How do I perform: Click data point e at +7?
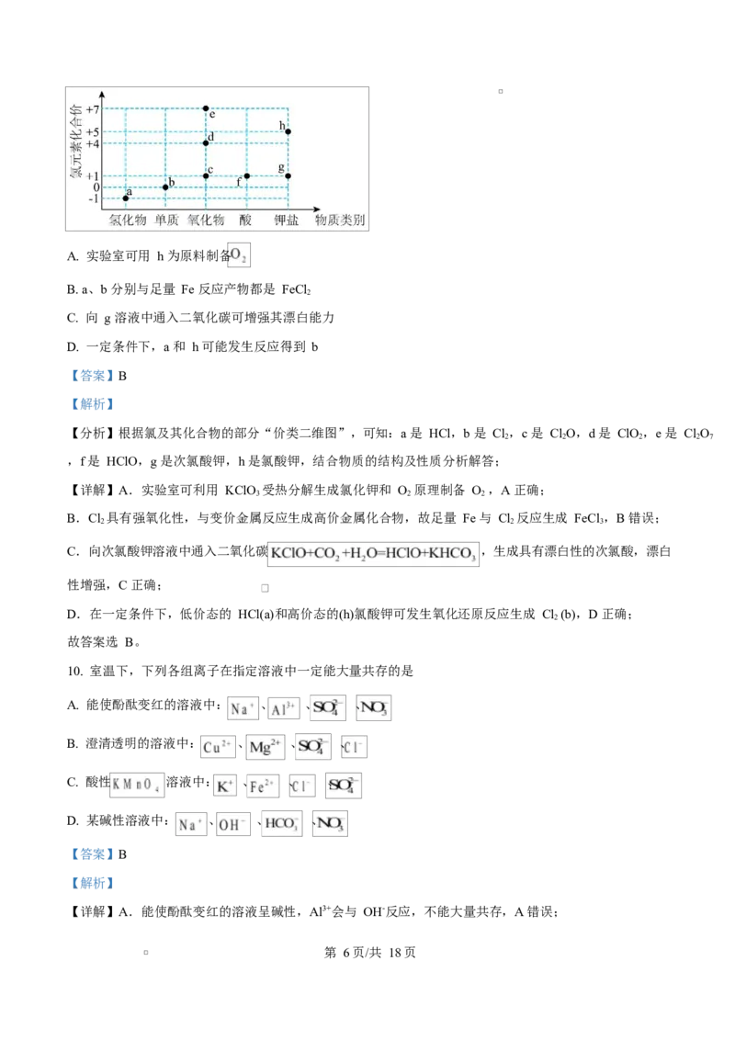tap(207, 108)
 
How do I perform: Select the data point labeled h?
tap(288, 131)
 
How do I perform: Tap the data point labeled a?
tap(125, 198)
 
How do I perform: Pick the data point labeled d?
tap(207, 142)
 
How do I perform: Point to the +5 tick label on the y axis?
tap(92, 132)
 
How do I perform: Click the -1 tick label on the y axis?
tap(94, 198)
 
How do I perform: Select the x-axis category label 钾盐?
tap(287, 220)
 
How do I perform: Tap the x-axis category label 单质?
tap(166, 220)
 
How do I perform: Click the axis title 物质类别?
tap(340, 220)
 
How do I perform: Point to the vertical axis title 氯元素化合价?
tap(75, 141)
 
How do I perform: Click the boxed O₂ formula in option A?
tap(239, 255)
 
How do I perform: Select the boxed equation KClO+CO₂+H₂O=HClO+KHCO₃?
tap(373, 553)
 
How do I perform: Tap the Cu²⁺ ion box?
tap(218, 747)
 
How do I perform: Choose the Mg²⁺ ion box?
tap(265, 747)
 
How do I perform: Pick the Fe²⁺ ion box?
tap(262, 786)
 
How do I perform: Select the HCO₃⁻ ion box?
tap(282, 824)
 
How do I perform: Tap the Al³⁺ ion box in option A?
tap(284, 709)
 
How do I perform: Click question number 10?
tap(75, 672)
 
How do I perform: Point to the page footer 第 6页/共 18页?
tap(370, 953)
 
